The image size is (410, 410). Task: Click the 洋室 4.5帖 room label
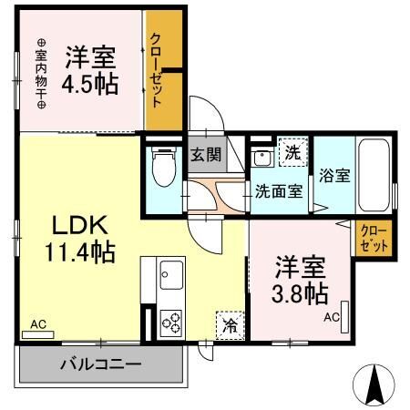pos(90,70)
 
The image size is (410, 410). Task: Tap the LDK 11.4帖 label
pos(80,239)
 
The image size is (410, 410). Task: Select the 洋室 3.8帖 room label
pos(300,281)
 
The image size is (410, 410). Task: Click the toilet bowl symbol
pos(164,168)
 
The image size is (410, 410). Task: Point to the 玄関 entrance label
pos(206,154)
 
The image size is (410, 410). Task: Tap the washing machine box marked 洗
pos(293,152)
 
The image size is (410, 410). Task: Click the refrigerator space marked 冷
pos(231,325)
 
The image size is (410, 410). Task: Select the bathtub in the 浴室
pos(374,175)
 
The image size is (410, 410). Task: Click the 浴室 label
pos(334,176)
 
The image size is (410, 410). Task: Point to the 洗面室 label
pos(279,191)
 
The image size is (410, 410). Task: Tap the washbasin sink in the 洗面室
pos(261,158)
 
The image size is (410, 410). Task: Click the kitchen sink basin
pos(171,275)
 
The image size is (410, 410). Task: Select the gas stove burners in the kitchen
pos(171,323)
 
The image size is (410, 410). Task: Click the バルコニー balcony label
pos(101,364)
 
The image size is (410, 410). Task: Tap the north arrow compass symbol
pos(374,384)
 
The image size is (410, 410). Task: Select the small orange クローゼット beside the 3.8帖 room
pos(374,239)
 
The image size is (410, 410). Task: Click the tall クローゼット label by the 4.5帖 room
pos(156,70)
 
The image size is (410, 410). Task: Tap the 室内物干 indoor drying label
pos(41,74)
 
